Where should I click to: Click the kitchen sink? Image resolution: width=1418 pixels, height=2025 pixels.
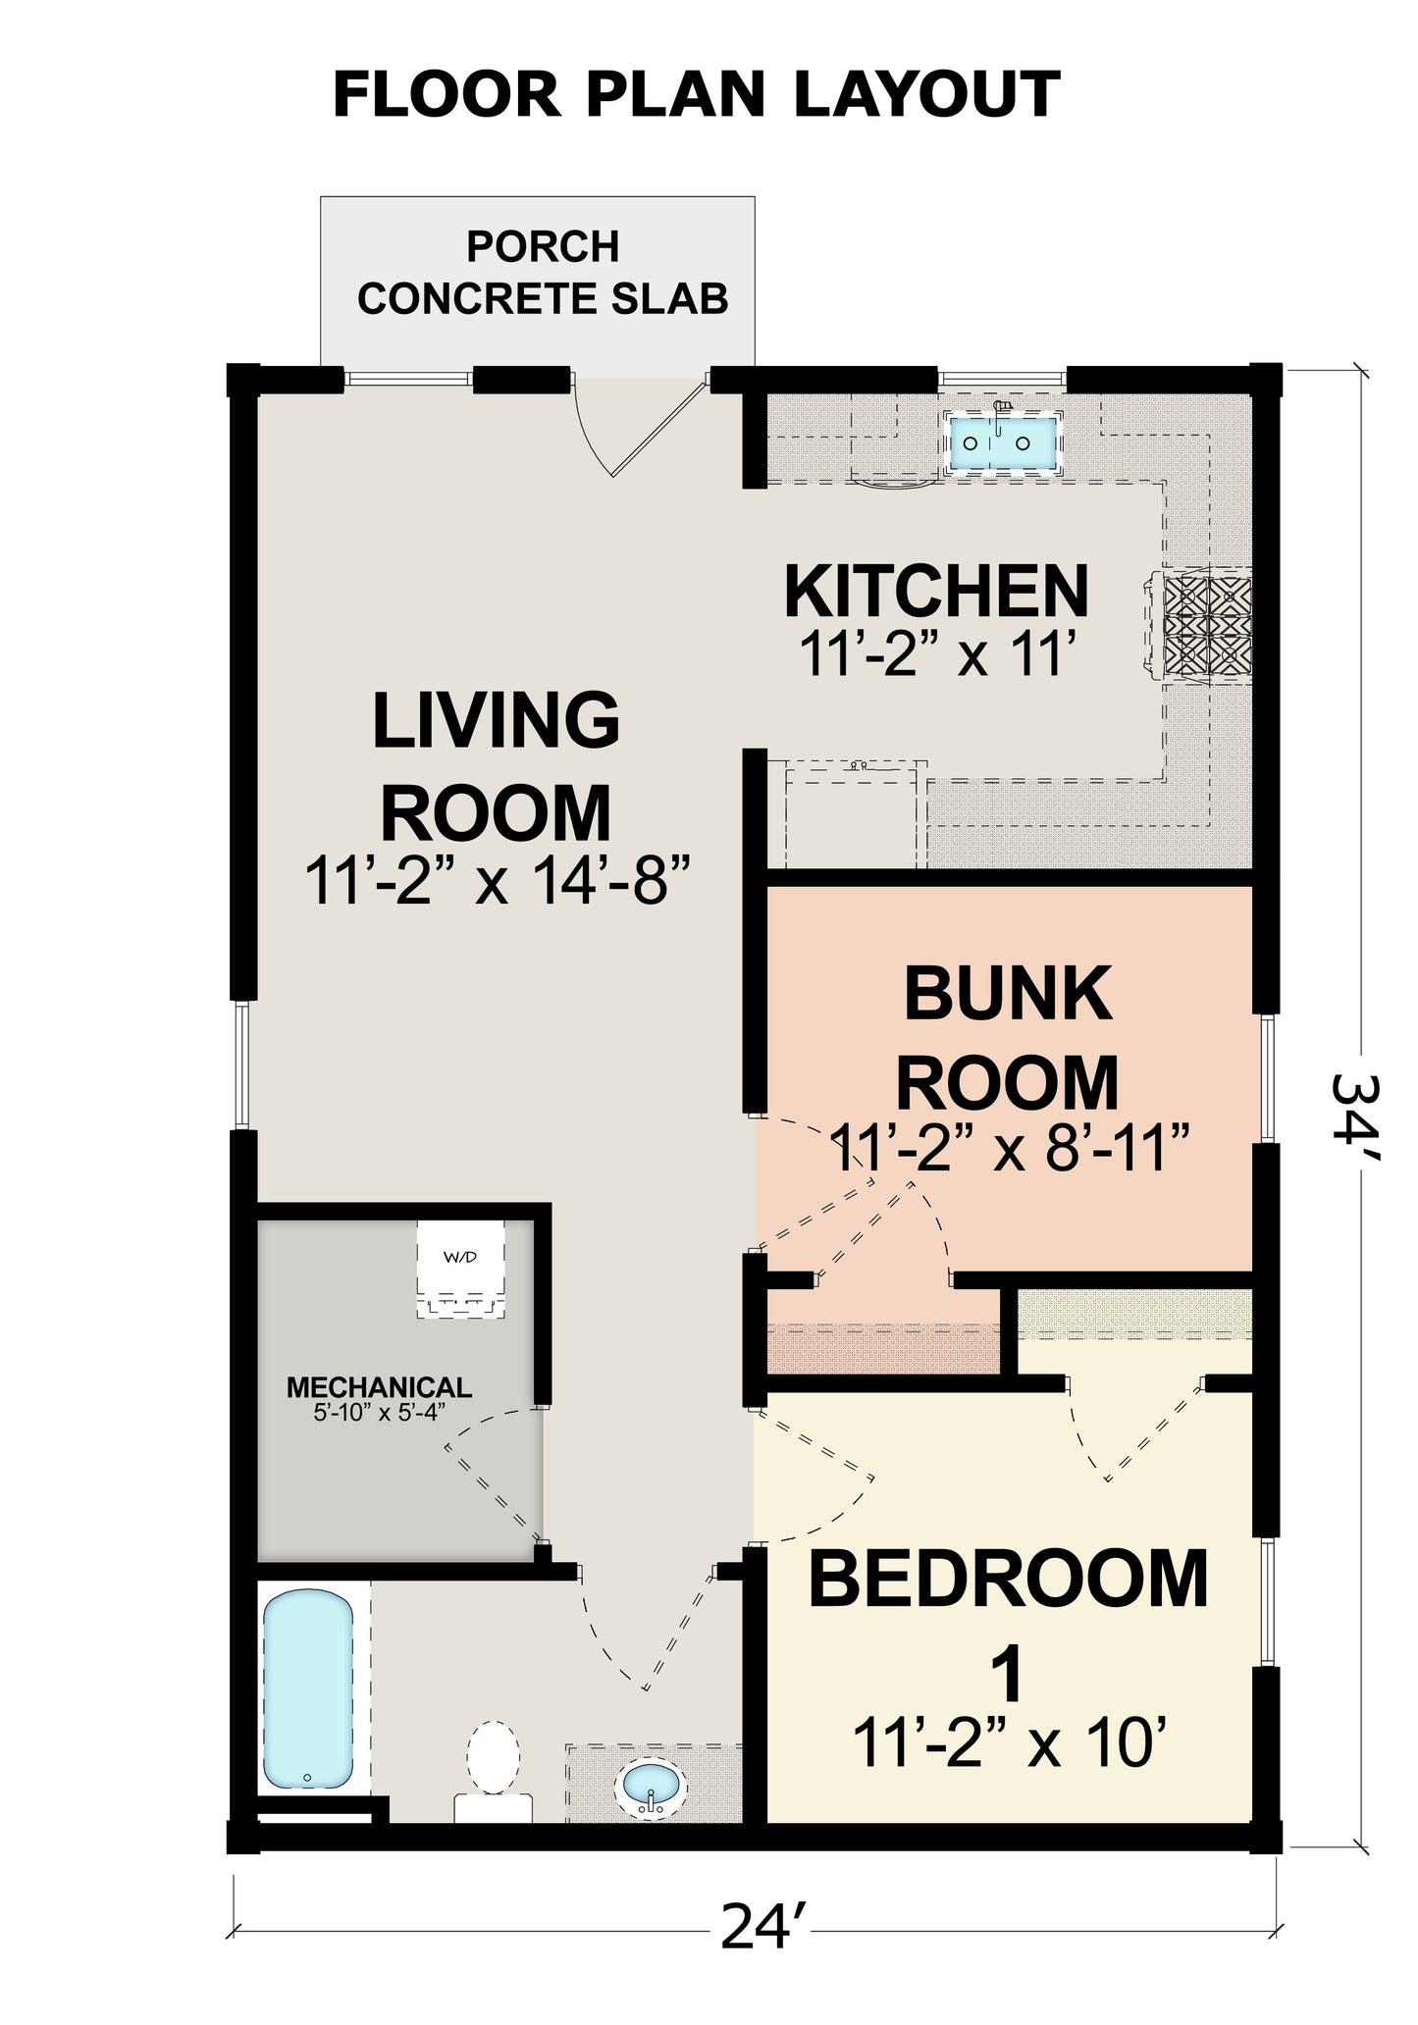(x=1002, y=441)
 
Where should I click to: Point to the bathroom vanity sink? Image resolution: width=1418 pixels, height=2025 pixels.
(x=652, y=1789)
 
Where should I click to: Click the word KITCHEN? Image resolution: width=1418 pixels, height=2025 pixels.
(x=937, y=592)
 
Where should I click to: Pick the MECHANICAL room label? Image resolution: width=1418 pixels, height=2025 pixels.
(x=379, y=1387)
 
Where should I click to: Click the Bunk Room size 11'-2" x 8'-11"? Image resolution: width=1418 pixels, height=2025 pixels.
(x=1010, y=1149)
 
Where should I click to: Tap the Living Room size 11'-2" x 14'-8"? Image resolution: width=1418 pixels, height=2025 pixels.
(x=499, y=880)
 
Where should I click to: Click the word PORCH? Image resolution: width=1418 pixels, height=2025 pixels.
(x=543, y=246)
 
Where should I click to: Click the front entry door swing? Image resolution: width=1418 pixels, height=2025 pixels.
(x=640, y=427)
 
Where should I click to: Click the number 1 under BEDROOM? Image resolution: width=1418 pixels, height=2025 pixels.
(x=1009, y=1675)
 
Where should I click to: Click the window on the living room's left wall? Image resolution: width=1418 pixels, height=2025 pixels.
(x=243, y=1064)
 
